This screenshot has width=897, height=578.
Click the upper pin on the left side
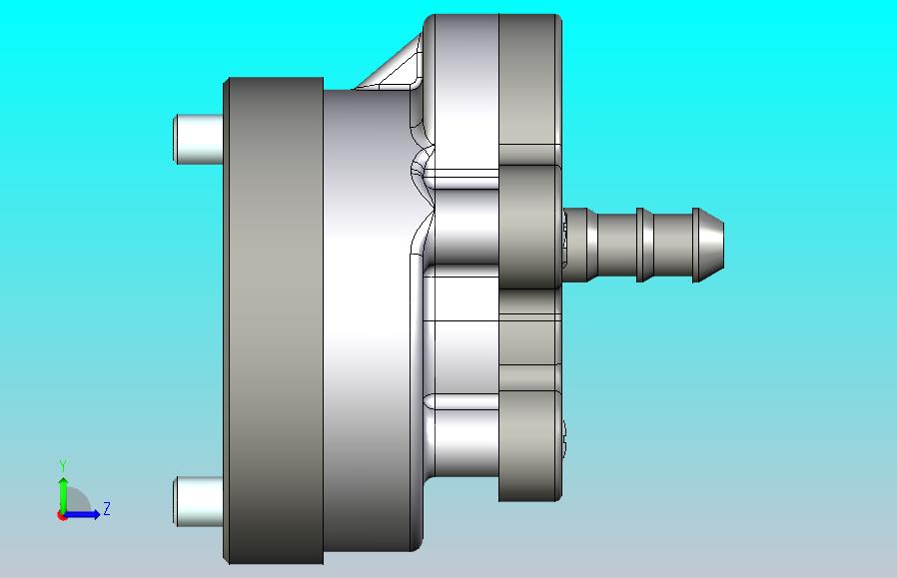[198, 139]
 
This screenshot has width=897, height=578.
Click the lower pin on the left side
[198, 501]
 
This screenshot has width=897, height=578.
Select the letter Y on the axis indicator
[63, 465]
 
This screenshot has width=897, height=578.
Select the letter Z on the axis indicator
[107, 508]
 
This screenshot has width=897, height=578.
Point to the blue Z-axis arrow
[82, 514]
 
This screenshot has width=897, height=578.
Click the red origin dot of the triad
[62, 516]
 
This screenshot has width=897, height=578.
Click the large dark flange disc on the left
[274, 320]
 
